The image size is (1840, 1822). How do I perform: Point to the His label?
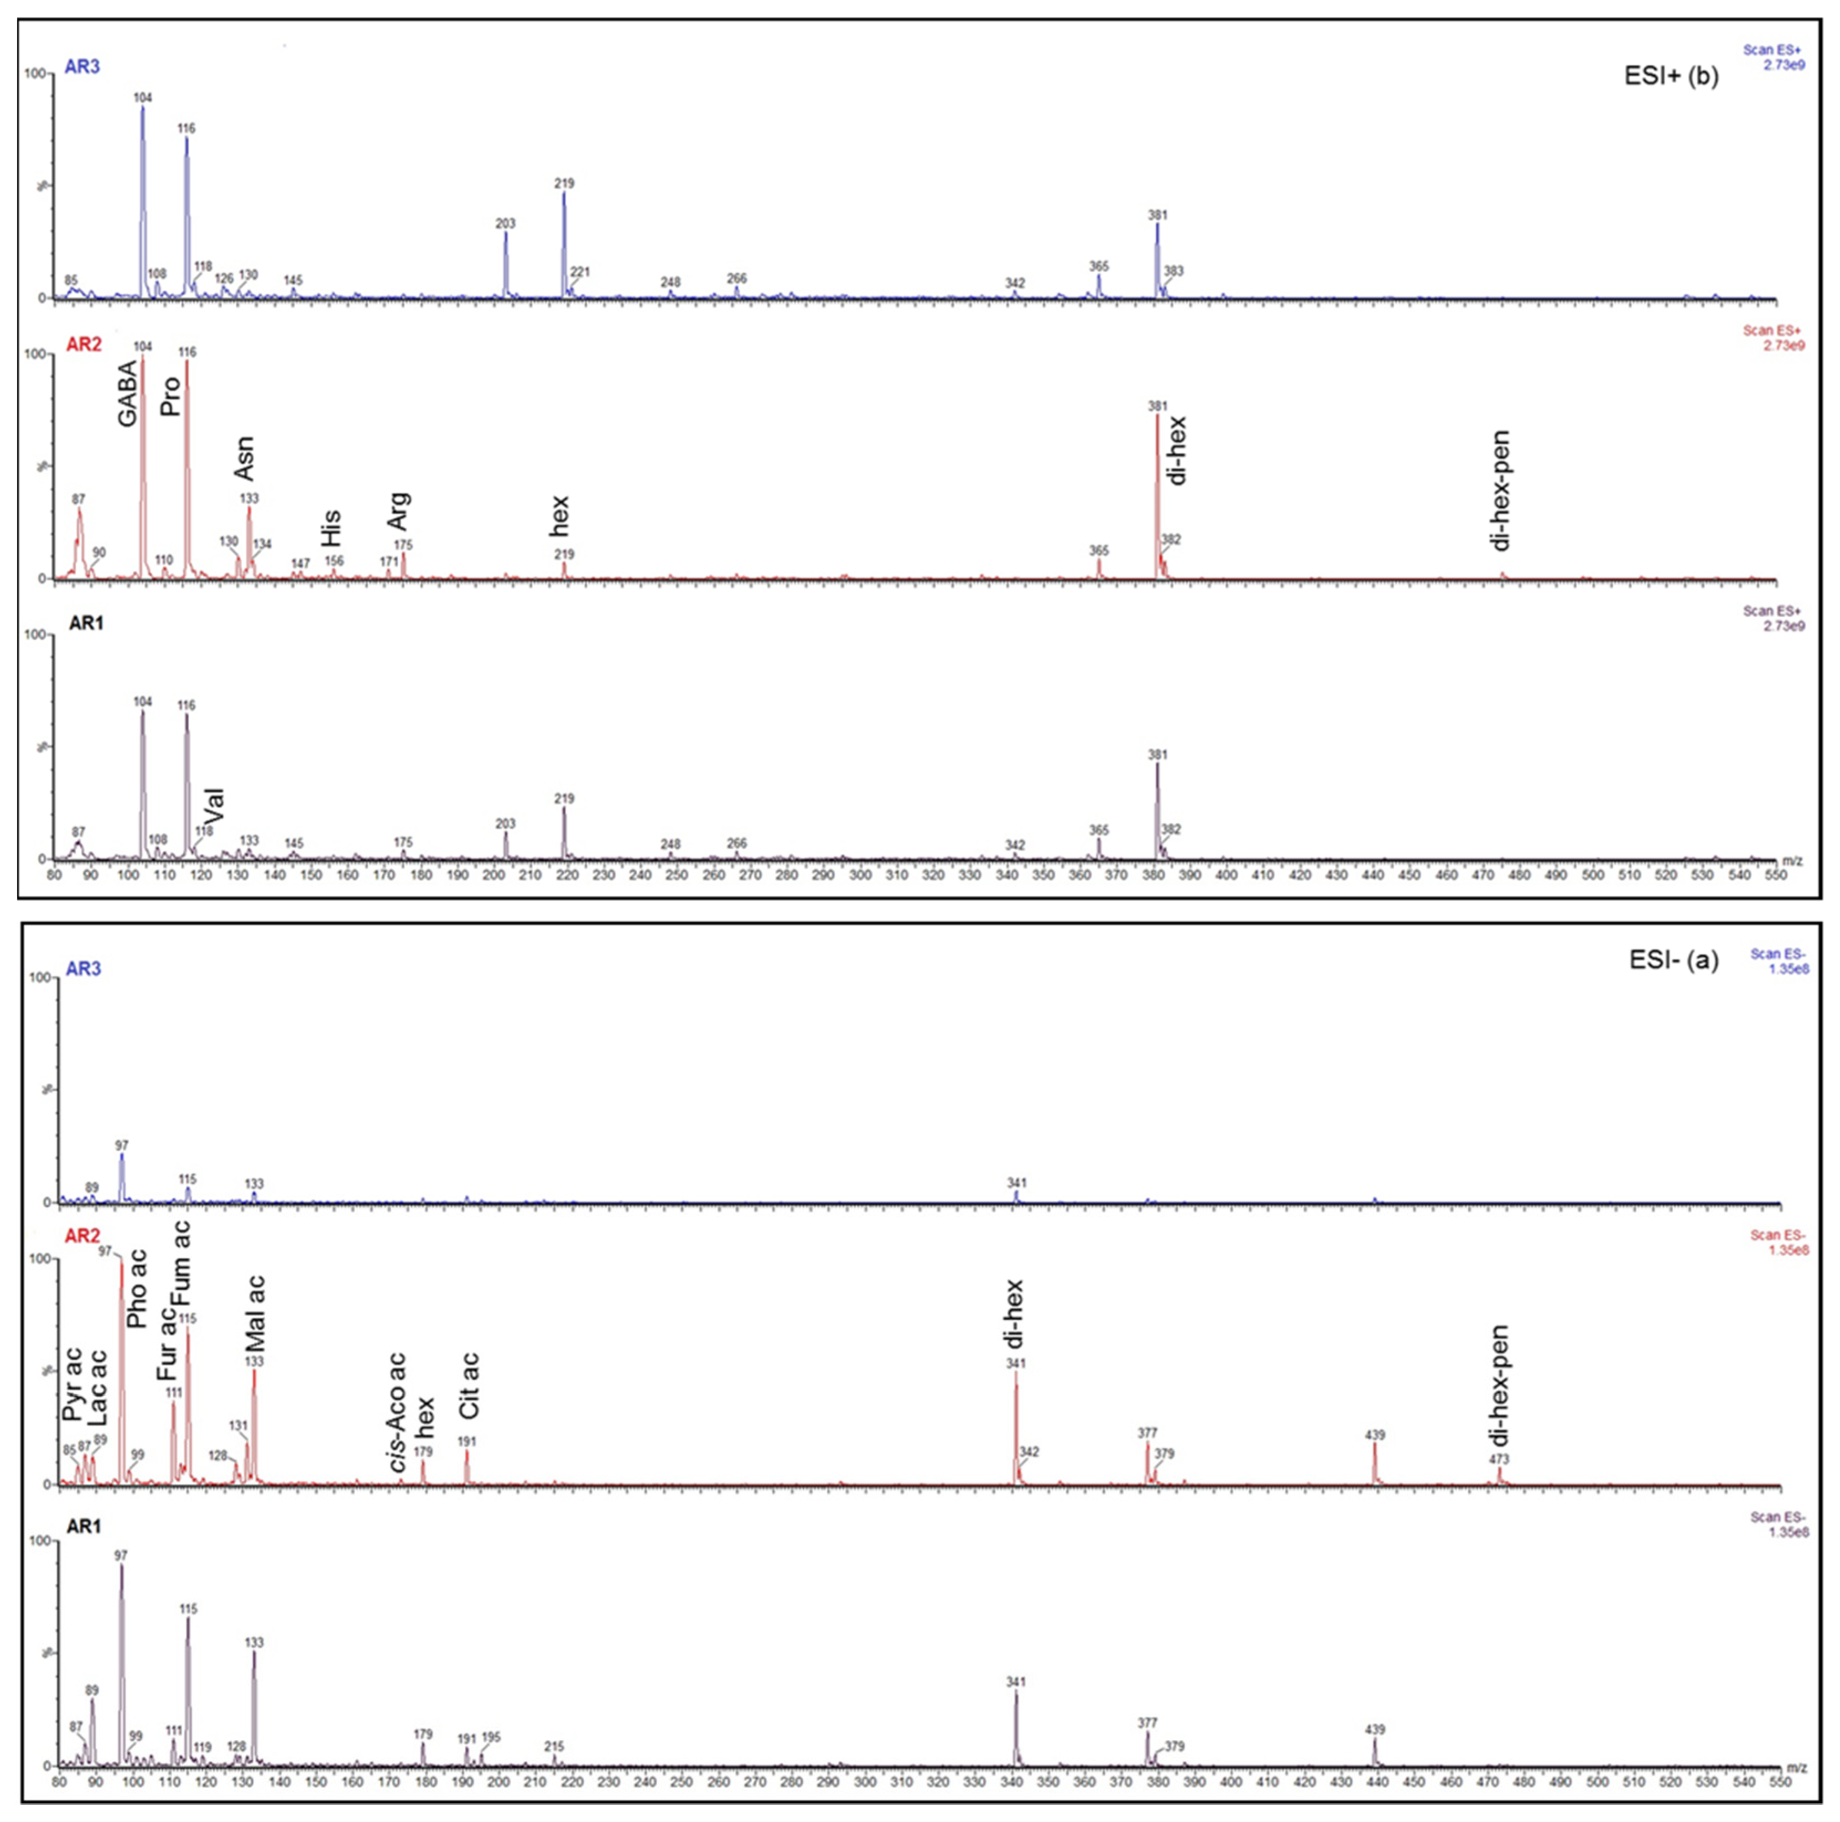click(x=330, y=528)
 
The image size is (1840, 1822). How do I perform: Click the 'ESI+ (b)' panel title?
click(x=1671, y=76)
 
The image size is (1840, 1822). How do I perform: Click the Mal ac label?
click(x=254, y=1314)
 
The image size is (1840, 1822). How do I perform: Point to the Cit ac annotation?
click(x=469, y=1385)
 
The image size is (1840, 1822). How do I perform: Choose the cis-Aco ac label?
click(x=398, y=1413)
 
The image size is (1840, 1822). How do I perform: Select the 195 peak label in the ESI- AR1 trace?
click(x=491, y=1737)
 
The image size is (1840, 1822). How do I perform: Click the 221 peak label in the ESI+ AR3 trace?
click(x=580, y=272)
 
